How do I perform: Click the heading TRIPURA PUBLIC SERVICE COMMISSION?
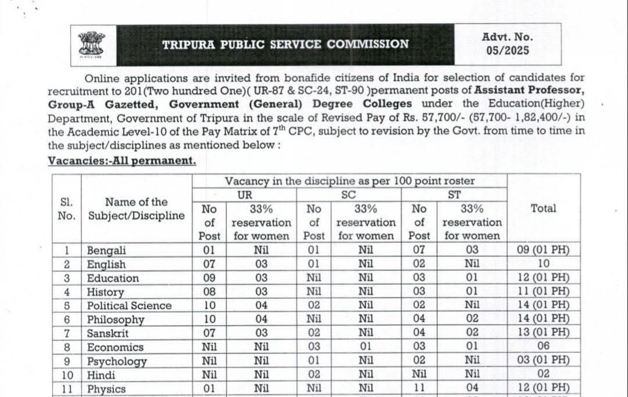(x=285, y=44)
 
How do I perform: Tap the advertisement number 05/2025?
(x=508, y=51)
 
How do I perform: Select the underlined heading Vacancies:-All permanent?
(x=122, y=160)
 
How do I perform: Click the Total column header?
(x=543, y=208)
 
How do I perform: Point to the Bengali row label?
(x=106, y=251)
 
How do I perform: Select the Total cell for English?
(x=543, y=264)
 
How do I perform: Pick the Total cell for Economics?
(x=543, y=347)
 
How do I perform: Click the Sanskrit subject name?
(x=108, y=334)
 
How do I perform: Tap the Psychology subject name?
(x=117, y=361)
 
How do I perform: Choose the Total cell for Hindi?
(x=543, y=375)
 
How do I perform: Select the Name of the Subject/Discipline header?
(x=136, y=209)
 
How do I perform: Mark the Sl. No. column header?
(x=66, y=209)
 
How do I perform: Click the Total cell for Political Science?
(x=543, y=306)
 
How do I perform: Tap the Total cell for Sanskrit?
(x=543, y=333)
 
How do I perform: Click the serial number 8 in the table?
(x=67, y=347)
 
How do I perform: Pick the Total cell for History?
(x=543, y=292)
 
